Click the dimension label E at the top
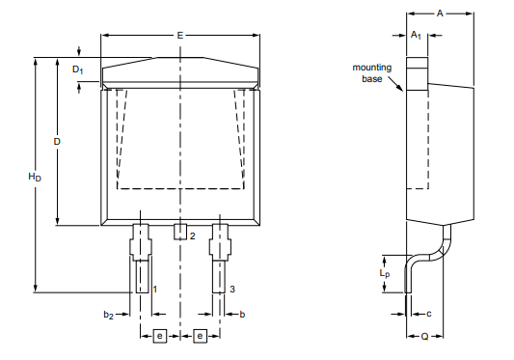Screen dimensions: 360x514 (x=179, y=35)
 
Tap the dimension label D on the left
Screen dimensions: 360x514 (x=58, y=142)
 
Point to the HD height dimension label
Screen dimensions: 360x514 (x=35, y=177)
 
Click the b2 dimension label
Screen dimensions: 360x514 (x=109, y=315)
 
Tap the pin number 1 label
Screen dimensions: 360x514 (x=154, y=289)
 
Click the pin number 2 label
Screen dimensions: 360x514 (x=192, y=235)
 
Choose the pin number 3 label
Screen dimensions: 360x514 (x=232, y=289)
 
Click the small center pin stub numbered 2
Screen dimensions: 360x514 (x=179, y=232)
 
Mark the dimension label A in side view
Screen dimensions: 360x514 (x=440, y=14)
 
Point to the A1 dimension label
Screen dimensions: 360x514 (x=416, y=35)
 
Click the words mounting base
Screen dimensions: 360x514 (x=370, y=73)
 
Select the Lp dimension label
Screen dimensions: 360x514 (x=385, y=274)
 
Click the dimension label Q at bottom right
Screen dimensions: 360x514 (x=424, y=337)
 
